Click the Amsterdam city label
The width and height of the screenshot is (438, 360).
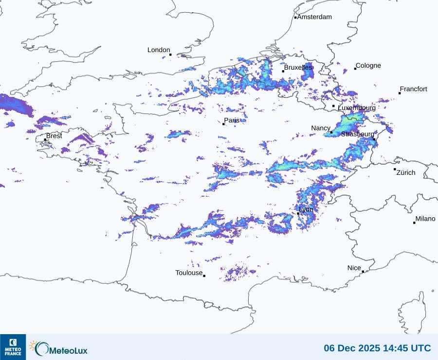314,17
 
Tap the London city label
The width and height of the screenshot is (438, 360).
159,50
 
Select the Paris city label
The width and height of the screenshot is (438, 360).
232,120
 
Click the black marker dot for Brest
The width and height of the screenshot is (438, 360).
45,140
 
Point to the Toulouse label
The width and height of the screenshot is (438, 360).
189,273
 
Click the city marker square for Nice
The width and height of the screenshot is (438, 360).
363,272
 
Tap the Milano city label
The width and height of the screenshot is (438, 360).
425,219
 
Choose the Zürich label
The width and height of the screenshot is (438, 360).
406,172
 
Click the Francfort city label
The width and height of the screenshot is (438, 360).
413,89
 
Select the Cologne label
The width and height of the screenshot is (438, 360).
368,66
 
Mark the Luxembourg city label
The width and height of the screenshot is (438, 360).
356,108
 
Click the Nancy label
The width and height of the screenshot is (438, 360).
321,128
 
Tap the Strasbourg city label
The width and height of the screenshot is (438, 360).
358,134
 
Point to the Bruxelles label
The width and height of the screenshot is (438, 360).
298,67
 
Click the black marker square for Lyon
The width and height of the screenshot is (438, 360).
298,213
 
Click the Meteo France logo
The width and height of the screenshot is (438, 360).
13,347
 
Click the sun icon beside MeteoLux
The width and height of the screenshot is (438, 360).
33,345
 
